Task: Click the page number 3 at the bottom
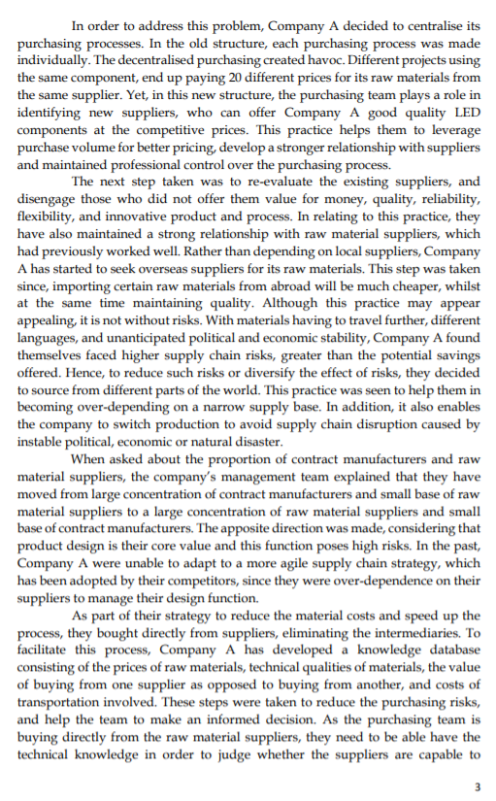477,784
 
